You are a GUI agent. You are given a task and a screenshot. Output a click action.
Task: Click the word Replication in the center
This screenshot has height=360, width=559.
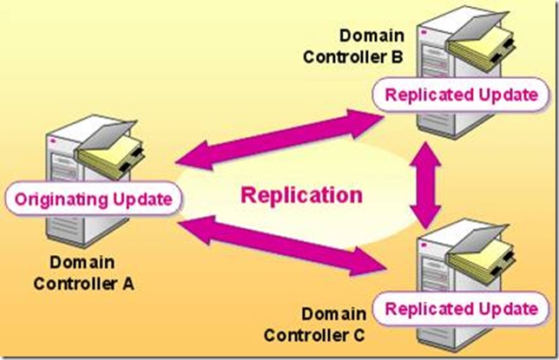301,194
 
